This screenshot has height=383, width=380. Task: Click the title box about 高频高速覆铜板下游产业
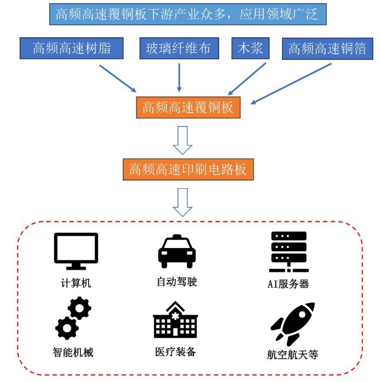(187, 14)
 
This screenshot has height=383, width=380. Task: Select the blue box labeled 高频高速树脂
(72, 49)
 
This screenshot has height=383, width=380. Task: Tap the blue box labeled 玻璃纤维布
(179, 49)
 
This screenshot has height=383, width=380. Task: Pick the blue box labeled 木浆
(250, 49)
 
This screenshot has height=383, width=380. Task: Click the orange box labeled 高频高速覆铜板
(188, 107)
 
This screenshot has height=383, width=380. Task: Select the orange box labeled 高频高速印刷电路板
(188, 169)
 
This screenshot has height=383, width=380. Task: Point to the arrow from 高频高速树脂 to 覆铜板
(118, 78)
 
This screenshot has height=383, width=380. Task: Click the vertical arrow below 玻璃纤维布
(179, 76)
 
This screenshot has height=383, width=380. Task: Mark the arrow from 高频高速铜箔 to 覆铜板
(292, 83)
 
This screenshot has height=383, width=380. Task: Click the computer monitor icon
(76, 251)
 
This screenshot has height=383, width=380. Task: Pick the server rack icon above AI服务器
(289, 251)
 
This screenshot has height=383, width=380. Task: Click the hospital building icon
(175, 320)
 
